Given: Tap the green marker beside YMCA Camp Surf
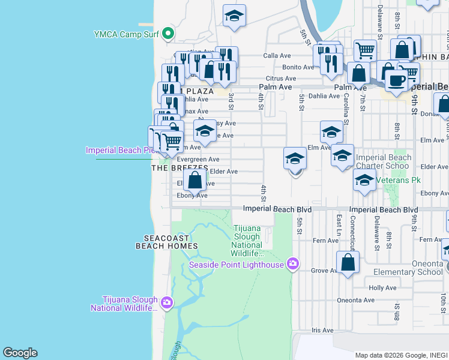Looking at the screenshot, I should (169, 34).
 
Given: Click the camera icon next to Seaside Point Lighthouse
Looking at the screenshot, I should (292, 264).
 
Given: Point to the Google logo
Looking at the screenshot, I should (20, 353).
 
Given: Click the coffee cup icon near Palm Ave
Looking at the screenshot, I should (396, 80).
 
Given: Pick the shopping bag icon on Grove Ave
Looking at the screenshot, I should (348, 263).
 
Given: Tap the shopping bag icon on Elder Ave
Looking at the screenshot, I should (195, 179).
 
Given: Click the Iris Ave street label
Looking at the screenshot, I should (322, 330).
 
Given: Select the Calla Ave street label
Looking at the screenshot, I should (277, 56).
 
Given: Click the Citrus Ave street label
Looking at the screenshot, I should (282, 78).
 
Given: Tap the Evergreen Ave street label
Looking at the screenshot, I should (198, 159).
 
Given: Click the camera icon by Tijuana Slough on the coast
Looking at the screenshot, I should (166, 302).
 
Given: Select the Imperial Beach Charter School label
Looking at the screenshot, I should (384, 162).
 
